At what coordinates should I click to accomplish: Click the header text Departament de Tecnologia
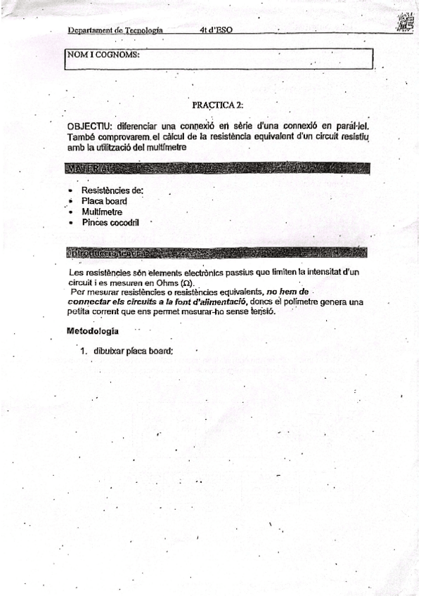(115, 31)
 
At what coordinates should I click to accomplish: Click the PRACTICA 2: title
(217, 105)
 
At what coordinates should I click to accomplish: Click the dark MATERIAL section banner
(216, 169)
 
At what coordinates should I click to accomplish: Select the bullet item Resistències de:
(112, 190)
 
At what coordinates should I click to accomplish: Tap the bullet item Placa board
(104, 201)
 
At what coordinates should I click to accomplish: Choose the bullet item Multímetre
(102, 212)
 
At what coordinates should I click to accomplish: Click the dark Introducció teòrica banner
(216, 252)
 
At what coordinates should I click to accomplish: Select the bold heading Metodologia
(92, 330)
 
